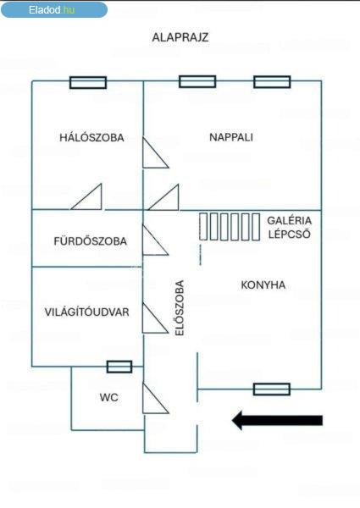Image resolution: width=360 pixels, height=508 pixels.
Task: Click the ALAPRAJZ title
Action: point(180,37)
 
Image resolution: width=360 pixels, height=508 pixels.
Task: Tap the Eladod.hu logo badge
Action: point(54,9)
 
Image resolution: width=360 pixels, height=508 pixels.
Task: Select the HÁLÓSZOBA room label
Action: point(91,137)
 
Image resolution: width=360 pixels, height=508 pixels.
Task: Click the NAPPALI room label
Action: point(231,137)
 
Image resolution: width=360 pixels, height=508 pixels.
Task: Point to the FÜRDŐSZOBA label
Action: point(90,241)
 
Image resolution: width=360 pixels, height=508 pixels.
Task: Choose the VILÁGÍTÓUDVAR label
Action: point(87,312)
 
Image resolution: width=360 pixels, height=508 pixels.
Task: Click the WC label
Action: point(109,397)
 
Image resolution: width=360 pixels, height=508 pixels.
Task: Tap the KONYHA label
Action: point(263,285)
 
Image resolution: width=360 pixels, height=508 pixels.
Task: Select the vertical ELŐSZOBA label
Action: point(180,308)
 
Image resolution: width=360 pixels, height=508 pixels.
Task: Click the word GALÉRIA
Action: point(289,221)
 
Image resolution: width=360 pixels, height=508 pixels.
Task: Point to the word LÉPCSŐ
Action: point(289,234)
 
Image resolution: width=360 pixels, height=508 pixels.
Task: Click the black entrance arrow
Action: point(277,420)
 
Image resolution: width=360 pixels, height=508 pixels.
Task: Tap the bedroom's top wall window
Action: point(88,83)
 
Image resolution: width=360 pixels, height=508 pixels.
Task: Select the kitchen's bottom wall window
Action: point(272,389)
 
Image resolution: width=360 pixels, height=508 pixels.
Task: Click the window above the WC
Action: point(119,367)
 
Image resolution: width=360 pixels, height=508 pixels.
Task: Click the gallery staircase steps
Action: point(230,226)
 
